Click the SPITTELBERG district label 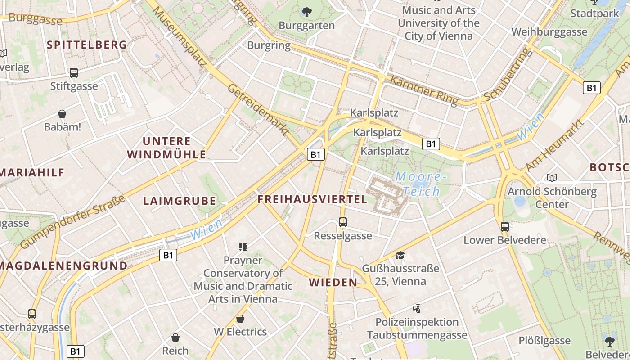pos(87,45)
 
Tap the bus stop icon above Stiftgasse pos(74,72)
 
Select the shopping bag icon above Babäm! pos(62,114)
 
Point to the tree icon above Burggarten pos(307,12)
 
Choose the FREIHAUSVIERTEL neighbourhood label pos(312,199)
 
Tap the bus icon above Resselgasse pos(343,222)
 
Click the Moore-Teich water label pos(421,184)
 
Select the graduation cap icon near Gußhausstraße pos(400,256)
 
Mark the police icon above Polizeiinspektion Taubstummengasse pos(417,309)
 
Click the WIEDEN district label pos(333,282)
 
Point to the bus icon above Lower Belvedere pos(505,226)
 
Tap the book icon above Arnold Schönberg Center pos(552,178)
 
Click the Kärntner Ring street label pos(424,90)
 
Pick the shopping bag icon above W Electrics pos(240,319)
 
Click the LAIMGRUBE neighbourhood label pos(180,201)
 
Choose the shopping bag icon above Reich pos(175,337)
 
